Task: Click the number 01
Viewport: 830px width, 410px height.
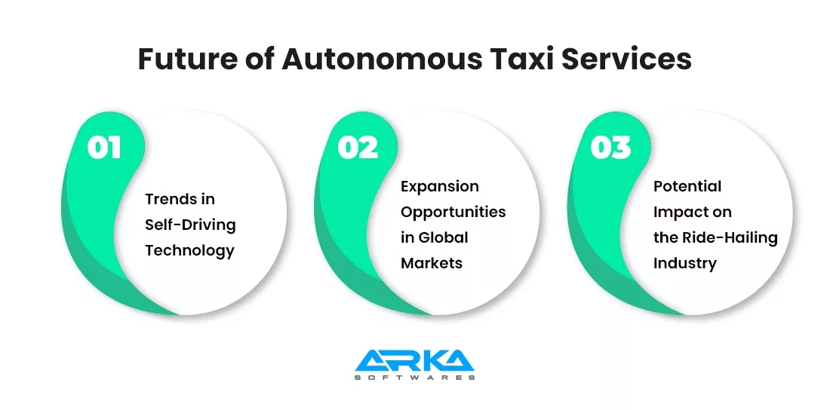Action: (104, 148)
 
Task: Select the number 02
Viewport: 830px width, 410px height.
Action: (357, 148)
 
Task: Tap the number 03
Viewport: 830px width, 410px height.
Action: (610, 148)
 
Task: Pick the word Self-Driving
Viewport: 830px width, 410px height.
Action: (190, 225)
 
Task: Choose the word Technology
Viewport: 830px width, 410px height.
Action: (189, 251)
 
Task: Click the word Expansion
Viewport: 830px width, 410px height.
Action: (439, 186)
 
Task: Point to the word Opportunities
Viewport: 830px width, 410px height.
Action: (453, 212)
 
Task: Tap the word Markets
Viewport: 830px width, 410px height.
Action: (431, 263)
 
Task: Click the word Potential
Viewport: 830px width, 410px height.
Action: (687, 186)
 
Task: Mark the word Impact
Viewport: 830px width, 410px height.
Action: (675, 212)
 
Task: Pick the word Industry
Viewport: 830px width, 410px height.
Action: (684, 263)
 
